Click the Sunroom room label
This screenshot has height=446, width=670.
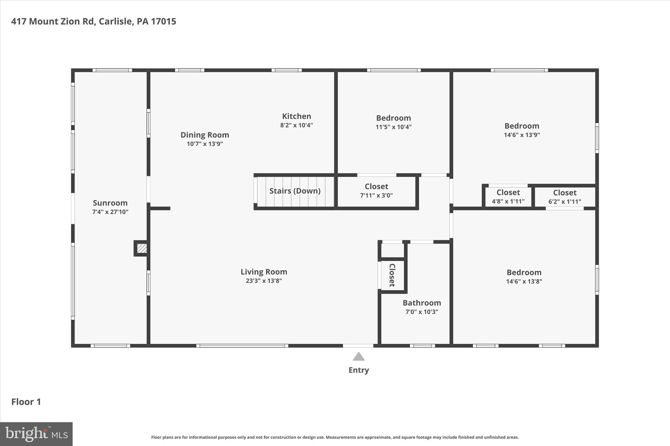point(110,203)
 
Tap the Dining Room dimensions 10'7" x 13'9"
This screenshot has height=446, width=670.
point(205,144)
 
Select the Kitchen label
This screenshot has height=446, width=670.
point(296,116)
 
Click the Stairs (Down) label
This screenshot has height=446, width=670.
point(295,191)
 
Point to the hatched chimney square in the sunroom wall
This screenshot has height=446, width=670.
point(142,248)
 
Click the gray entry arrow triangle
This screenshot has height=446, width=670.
point(359,357)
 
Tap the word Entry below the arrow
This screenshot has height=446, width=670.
point(359,370)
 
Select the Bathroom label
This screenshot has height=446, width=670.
point(422,303)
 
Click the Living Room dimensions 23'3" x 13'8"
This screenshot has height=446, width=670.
point(264,281)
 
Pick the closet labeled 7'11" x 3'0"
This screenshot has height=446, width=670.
point(376,191)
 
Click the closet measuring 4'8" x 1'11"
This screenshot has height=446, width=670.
point(508,197)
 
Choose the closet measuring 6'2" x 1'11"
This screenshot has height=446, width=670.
point(565,197)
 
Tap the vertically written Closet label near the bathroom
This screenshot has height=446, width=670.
point(392,275)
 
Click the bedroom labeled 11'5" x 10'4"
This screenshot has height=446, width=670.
point(393,122)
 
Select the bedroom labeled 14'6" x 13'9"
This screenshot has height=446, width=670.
point(522,130)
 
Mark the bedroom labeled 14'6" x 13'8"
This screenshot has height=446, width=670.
point(524,276)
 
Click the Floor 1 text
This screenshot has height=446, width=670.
point(26,402)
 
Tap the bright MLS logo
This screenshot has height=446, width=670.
point(36,434)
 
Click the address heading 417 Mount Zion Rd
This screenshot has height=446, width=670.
point(94,22)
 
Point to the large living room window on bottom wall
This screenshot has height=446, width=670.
point(242,346)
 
